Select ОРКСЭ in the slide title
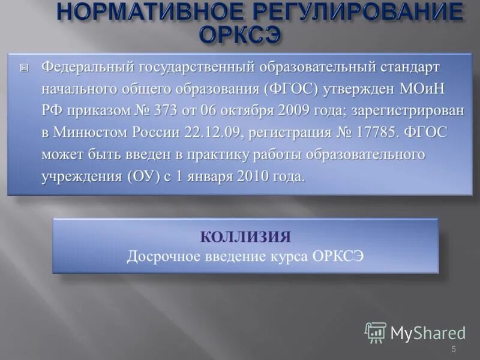coord(239,34)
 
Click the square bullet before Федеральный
coord(23,68)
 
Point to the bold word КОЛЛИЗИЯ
coord(245,236)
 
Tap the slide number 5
coord(454,349)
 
